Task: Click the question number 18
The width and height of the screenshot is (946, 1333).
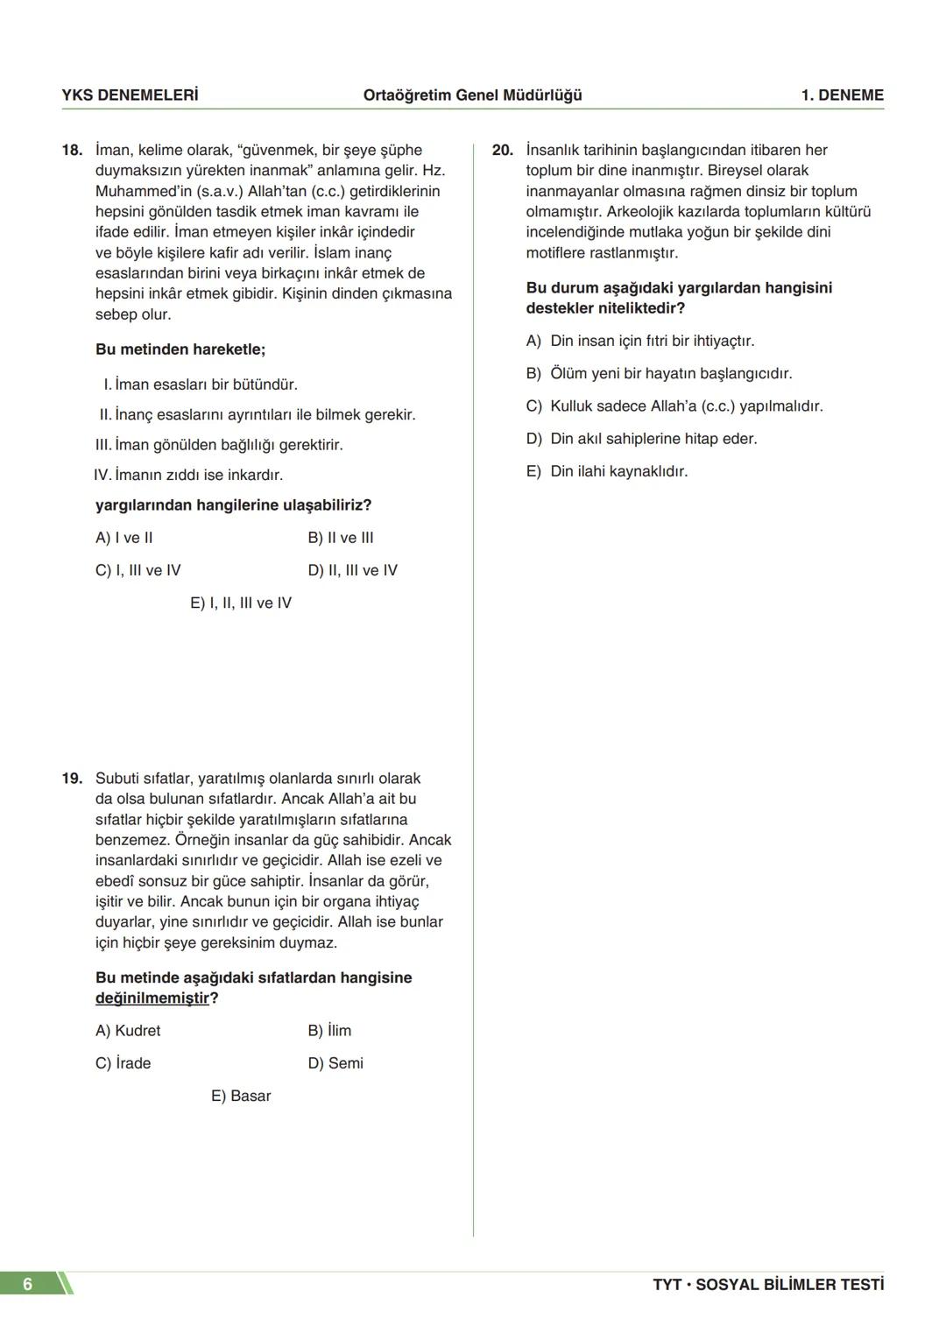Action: (72, 151)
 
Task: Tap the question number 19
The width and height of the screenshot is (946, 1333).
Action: (72, 779)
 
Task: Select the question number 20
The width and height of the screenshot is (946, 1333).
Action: (502, 151)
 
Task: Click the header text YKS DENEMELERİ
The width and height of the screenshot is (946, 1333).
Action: (130, 95)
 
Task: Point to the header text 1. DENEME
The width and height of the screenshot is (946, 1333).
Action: (842, 95)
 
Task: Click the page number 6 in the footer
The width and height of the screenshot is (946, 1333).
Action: (28, 1284)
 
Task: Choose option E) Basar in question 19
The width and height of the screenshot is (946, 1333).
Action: (241, 1096)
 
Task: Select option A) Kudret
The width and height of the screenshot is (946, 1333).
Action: (128, 1031)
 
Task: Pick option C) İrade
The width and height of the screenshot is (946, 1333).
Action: (124, 1063)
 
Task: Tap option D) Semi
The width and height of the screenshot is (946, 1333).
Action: (335, 1063)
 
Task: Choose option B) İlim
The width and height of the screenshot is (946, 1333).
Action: (329, 1031)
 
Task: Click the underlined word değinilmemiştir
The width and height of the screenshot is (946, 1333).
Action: (152, 998)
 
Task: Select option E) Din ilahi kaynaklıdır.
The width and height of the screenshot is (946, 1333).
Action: (607, 471)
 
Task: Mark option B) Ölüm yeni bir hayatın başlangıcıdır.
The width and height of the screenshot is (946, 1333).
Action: (659, 374)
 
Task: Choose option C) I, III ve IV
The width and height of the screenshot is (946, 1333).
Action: (138, 570)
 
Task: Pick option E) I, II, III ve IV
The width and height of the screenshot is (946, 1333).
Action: (241, 603)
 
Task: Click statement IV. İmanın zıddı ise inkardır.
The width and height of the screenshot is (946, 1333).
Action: (188, 476)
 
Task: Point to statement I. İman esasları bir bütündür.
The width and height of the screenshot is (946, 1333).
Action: (201, 384)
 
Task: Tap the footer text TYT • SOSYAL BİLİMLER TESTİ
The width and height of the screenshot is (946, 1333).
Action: (768, 1285)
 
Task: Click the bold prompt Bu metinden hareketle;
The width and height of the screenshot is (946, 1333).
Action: (180, 349)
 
